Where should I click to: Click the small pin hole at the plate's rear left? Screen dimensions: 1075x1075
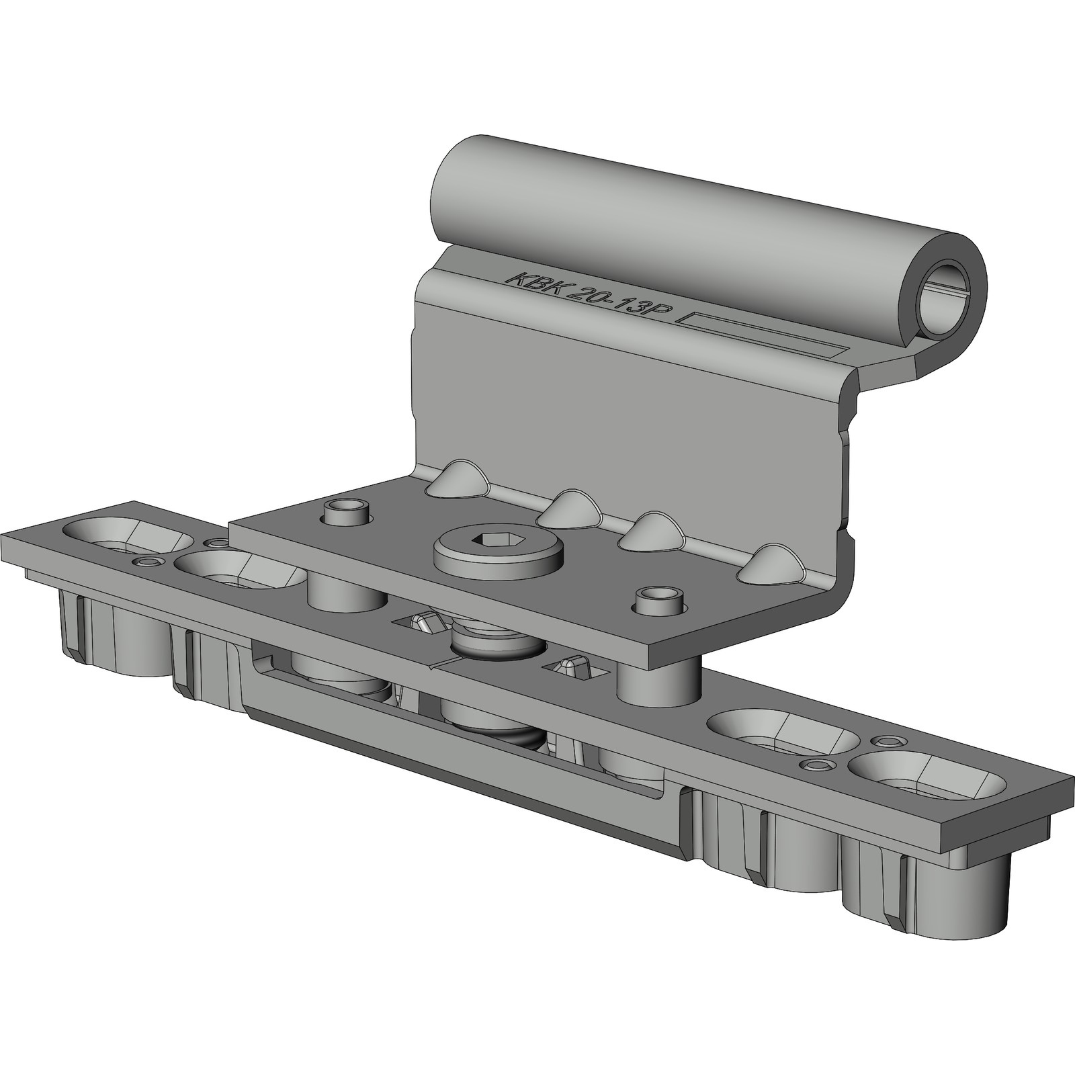point(347,512)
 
